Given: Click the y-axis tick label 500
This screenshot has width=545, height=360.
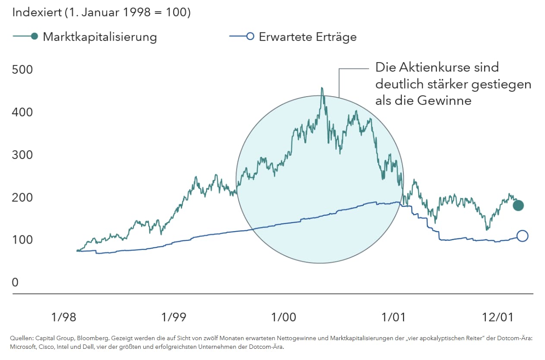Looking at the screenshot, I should coord(23,69).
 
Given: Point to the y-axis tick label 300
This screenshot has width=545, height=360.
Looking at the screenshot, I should coord(23,154).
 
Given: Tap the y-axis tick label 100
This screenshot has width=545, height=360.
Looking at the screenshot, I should coord(23,240).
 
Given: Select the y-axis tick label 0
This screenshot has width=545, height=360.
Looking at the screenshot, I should coord(16,282).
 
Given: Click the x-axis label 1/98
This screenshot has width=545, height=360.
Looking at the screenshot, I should coord(63,317).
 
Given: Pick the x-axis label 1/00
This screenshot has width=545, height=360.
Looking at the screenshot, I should coord(284,317).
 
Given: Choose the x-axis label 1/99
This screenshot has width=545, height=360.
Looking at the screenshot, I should coord(173,317).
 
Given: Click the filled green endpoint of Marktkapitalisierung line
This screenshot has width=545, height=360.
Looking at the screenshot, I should coord(518,205).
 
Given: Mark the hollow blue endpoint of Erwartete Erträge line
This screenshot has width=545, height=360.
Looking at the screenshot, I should coord(522,236).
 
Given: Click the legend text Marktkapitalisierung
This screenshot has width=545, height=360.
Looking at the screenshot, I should coord(100,37).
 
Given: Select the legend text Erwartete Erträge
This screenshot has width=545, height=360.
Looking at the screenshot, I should coord(308,37).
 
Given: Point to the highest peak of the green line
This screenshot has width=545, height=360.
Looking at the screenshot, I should coord(321,88).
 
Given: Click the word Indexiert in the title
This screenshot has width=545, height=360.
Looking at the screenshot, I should coord(37,12).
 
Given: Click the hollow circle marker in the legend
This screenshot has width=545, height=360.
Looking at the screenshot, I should coord(250,36).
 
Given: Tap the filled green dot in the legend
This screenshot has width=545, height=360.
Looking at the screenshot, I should coord(35,36).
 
